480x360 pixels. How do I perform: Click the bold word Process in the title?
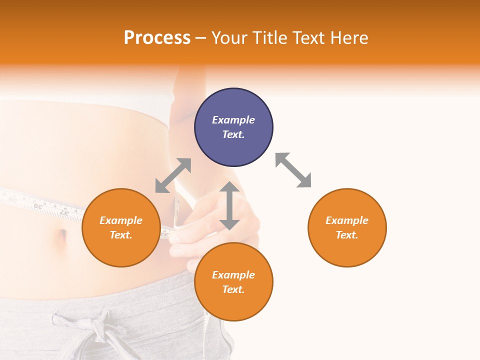click(157, 38)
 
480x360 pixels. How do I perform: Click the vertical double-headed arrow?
click(229, 205)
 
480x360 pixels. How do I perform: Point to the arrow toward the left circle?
click(173, 175)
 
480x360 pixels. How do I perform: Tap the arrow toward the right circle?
click(293, 170)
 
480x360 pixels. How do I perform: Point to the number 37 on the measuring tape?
click(64, 212)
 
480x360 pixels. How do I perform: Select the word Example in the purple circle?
click(233, 120)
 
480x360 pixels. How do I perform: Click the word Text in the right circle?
click(347, 235)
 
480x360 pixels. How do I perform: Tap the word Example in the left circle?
click(121, 220)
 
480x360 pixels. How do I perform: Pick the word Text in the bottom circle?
click(233, 289)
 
